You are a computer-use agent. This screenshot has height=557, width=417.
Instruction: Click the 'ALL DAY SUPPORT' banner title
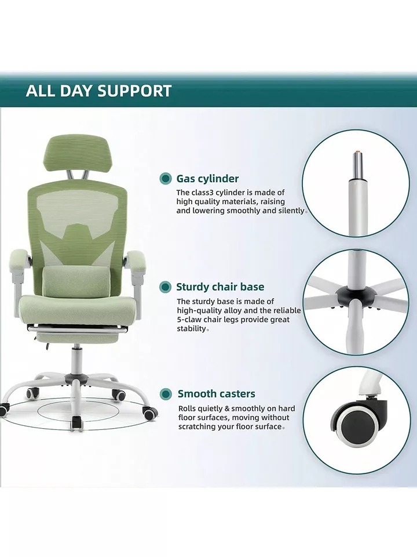click(x=98, y=91)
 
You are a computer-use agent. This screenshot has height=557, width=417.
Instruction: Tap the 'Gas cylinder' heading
click(x=207, y=179)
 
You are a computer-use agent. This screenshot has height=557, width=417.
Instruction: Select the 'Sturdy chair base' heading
click(x=220, y=287)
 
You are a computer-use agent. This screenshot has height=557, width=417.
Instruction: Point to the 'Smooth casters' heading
click(x=216, y=393)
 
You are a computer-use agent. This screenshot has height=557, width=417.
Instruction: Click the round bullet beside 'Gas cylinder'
click(x=164, y=179)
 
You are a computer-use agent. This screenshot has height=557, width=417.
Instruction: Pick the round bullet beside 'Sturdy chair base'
click(x=165, y=287)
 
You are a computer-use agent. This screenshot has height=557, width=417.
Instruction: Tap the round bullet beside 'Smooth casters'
click(x=165, y=393)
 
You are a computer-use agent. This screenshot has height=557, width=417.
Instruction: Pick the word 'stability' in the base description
click(x=192, y=328)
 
